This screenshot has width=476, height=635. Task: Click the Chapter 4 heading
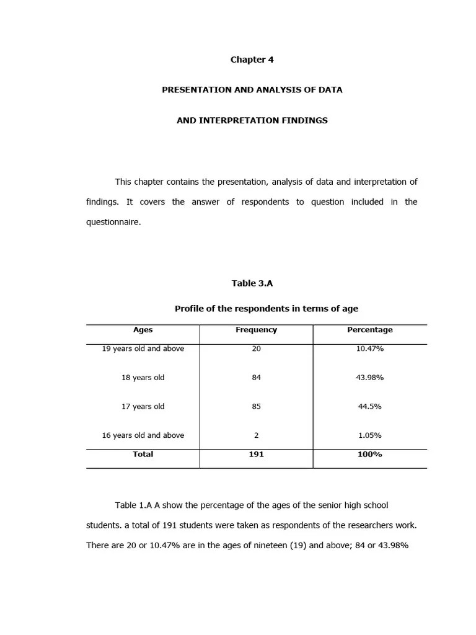pos(252,60)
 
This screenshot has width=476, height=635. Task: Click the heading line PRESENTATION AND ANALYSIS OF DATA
pos(252,90)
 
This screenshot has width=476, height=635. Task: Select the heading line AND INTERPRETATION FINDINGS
pos(252,120)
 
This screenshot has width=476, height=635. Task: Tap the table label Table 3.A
pos(252,283)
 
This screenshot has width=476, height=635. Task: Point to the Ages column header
pos(143,330)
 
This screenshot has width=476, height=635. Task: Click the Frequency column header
pos(256,330)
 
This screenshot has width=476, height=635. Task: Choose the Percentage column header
pos(369,330)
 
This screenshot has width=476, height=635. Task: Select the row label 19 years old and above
pos(143,349)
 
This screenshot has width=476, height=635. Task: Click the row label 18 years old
pos(143,378)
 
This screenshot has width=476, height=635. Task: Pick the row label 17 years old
pos(143,407)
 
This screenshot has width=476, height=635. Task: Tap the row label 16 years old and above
pos(143,435)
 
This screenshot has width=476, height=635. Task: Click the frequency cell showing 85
pos(256,407)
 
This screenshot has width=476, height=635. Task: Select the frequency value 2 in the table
pos(256,435)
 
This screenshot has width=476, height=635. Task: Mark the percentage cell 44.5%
pos(369,407)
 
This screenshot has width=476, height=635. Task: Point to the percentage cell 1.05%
pos(369,435)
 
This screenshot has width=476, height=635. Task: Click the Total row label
pos(143,455)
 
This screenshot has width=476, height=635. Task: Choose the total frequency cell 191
pos(256,455)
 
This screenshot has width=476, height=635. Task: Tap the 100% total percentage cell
pos(369,455)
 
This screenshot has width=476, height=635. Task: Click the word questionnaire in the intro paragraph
pos(113,222)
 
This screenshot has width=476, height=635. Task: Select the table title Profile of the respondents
pos(266,309)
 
